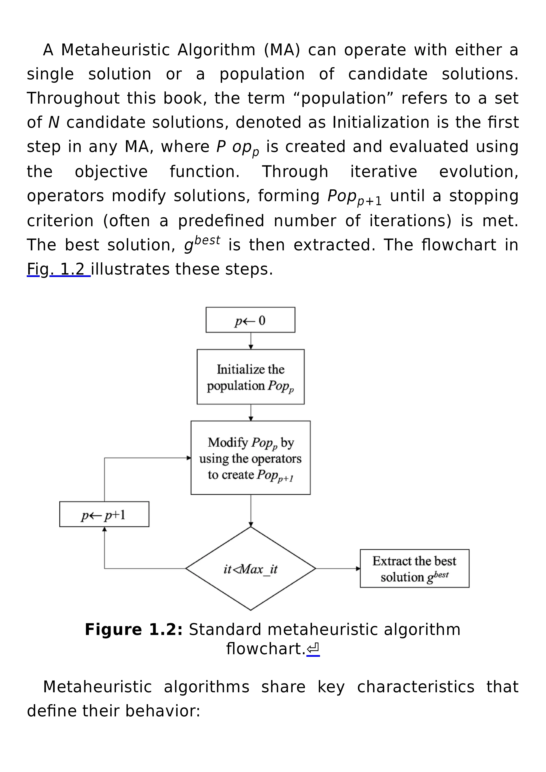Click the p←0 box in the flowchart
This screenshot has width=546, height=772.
coord(250,320)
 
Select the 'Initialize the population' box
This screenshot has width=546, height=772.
coord(250,377)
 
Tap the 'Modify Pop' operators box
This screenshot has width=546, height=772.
coord(250,458)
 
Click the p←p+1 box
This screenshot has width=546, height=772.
coord(104,514)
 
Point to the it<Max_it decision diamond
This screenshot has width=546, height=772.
coord(250,569)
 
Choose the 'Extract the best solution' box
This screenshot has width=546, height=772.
coord(415,569)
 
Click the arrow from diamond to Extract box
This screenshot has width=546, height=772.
coord(338,569)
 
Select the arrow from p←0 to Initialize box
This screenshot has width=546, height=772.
coord(251,341)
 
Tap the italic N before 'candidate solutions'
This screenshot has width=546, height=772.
coord(54,122)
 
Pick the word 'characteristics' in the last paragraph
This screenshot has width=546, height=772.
coord(416,687)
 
